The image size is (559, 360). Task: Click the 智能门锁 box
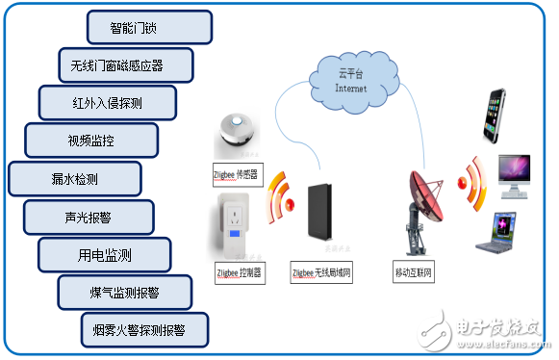pos(149,27)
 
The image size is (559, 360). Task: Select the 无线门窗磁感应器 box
pos(125,65)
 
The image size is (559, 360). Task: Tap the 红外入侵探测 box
pos(107,103)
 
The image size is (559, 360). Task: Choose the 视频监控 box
pos(90,141)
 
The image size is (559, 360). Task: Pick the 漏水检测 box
pos(74,179)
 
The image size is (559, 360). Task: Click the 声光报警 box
pos(88,217)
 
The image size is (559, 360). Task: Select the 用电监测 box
pos(105,255)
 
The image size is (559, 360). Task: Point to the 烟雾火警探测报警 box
pos(145,329)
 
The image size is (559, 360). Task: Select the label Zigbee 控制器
pos(238,272)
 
